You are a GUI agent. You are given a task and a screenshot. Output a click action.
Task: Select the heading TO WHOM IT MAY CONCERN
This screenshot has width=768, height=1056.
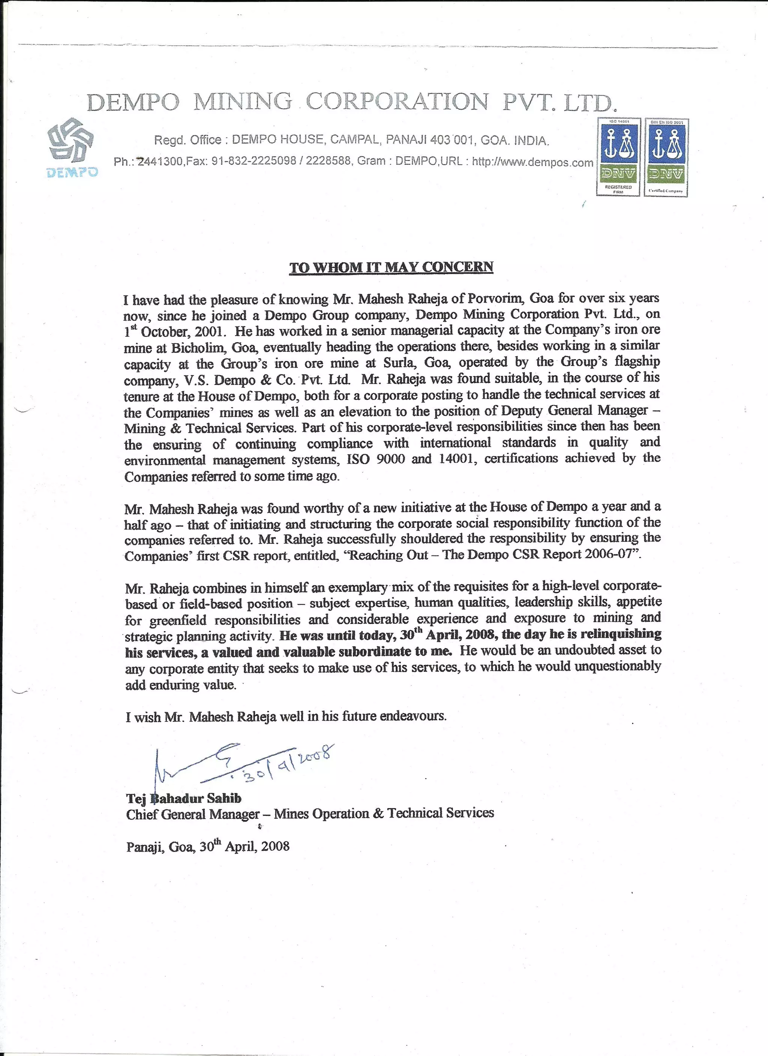[x=391, y=267]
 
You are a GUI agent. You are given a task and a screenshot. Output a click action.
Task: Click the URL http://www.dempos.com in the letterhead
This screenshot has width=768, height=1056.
[x=532, y=162]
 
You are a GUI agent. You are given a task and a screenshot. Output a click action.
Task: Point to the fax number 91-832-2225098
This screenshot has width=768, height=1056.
[x=254, y=161]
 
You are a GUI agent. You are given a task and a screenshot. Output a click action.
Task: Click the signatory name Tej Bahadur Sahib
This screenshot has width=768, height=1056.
[x=184, y=799]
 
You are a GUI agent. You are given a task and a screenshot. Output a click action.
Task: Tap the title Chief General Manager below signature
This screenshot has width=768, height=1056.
[x=192, y=814]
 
